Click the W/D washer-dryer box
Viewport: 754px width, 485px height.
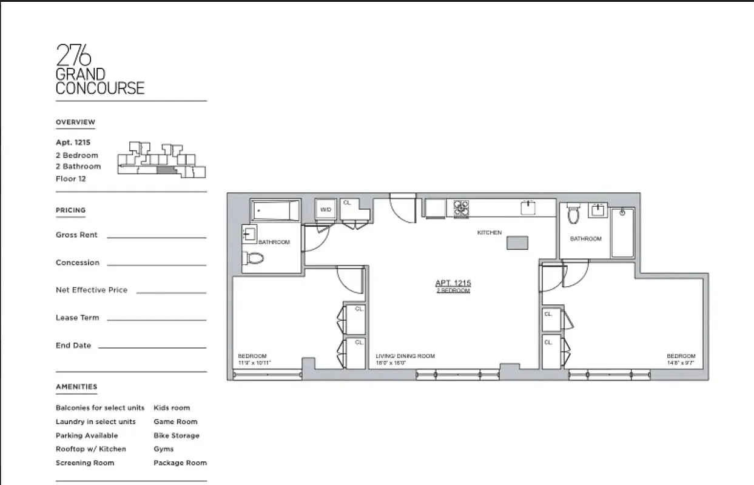tap(325, 209)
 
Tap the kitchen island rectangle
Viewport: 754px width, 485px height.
tap(517, 242)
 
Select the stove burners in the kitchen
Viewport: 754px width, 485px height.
tap(462, 208)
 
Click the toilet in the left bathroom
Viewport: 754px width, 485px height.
tap(254, 259)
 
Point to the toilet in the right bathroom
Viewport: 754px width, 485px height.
tap(573, 214)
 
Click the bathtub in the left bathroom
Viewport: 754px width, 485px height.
tap(276, 210)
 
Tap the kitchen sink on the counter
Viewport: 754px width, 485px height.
tap(528, 207)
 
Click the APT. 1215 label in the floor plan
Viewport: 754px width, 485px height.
tap(453, 283)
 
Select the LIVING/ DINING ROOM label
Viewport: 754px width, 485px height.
tap(405, 356)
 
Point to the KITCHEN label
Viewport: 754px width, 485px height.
tap(490, 232)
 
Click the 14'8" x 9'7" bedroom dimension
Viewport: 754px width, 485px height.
tap(681, 363)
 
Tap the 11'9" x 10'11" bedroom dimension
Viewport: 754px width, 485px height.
tap(254, 363)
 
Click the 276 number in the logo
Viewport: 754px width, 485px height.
tap(73, 56)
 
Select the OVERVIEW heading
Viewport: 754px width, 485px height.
tap(75, 122)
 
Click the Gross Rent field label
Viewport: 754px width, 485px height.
tap(76, 235)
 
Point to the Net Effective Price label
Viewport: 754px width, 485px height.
tap(92, 290)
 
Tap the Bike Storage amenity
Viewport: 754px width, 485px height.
tap(176, 435)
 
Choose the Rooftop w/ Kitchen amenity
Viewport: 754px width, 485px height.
tap(91, 449)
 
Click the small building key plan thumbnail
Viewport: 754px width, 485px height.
tap(161, 160)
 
